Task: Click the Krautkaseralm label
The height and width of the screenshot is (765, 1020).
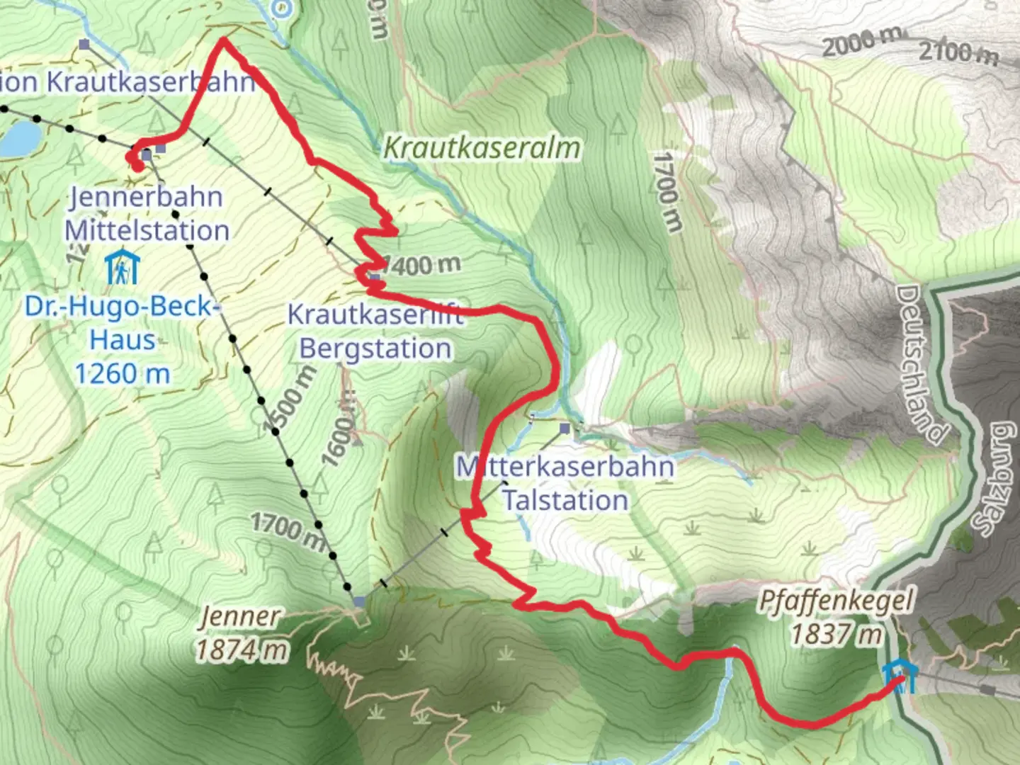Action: (482, 148)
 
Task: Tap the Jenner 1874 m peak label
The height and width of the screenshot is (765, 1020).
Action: (242, 633)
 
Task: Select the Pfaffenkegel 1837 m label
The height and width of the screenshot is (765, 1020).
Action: (836, 617)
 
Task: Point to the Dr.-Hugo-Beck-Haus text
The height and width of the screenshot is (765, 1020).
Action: (122, 340)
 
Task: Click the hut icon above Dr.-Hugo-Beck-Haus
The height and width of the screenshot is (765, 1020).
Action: (122, 268)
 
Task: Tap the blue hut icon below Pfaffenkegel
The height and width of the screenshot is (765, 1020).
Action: (898, 676)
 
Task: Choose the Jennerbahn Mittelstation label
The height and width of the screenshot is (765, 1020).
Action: (147, 214)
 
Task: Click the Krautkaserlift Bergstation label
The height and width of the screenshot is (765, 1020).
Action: (375, 331)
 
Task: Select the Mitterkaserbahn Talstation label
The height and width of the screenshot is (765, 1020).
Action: (565, 483)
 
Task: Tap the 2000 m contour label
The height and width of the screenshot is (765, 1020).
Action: (862, 42)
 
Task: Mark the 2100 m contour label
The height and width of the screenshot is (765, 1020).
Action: (958, 51)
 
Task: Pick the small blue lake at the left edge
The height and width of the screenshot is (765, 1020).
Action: (19, 138)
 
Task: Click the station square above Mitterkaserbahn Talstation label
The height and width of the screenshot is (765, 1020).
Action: (565, 429)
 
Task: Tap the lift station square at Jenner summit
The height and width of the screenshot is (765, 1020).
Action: (359, 602)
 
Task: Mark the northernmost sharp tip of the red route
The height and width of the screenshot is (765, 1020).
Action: (224, 40)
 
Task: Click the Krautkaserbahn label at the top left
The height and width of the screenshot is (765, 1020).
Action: (127, 82)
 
